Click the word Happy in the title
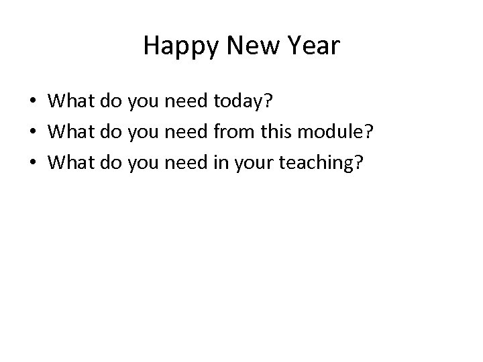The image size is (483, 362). pos(174,46)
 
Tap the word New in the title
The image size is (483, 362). pos(245,46)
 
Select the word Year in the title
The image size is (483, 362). pos(313,46)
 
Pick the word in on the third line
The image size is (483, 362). pos(219,163)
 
